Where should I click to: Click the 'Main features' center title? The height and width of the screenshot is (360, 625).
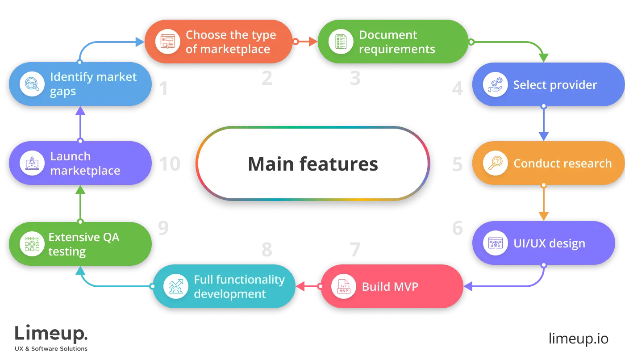point(313,164)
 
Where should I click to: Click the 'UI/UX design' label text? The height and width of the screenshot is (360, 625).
point(549,244)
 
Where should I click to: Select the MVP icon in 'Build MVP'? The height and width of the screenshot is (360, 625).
point(344,286)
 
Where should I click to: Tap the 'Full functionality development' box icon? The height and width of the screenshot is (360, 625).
point(175,286)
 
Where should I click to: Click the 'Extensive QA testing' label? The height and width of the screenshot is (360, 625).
point(84,244)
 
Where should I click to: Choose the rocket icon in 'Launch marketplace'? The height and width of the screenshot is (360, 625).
point(32,163)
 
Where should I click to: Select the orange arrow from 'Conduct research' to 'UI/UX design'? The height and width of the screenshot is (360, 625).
point(543,203)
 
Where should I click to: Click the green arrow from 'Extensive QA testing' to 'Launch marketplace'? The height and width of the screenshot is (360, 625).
point(80,204)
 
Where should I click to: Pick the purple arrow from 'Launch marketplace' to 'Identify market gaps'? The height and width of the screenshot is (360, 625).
point(80,124)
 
